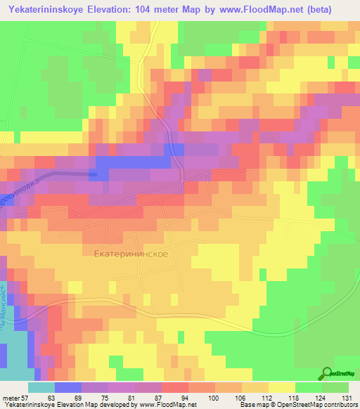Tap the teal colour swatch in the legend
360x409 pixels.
click(41, 387)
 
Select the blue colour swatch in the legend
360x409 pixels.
click(67, 387)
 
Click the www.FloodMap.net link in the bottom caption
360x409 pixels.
click(169, 405)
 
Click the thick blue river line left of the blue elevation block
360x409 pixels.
click(70, 173)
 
